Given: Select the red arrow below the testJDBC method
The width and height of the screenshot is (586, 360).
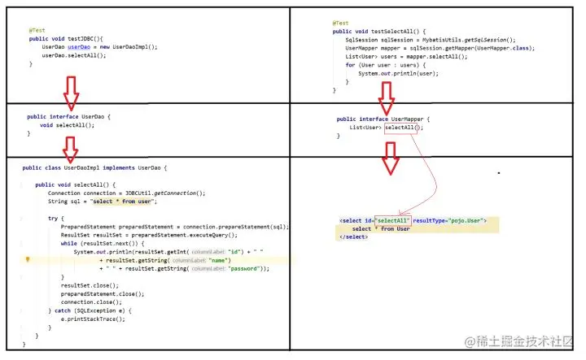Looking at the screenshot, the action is [x=71, y=93].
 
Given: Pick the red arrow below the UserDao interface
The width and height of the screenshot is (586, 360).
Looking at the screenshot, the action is [x=71, y=149].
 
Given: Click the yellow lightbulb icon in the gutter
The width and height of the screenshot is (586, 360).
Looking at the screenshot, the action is [x=28, y=260].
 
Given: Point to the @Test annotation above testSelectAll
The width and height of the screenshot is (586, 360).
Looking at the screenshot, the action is [x=340, y=24].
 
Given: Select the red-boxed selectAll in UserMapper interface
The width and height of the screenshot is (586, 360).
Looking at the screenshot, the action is [x=404, y=128].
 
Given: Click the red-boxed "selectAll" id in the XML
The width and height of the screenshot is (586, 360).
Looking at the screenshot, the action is [x=392, y=221].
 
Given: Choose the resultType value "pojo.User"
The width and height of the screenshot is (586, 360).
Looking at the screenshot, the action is [x=468, y=221].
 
